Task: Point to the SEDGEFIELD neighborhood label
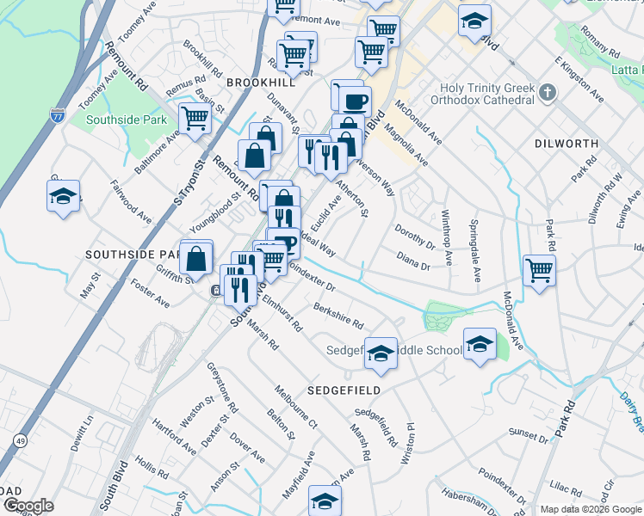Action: click(344, 390)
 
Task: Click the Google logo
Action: click(28, 506)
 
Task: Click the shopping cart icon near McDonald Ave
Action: click(539, 270)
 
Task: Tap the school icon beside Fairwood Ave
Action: click(64, 197)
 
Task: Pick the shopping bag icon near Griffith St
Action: click(197, 256)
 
